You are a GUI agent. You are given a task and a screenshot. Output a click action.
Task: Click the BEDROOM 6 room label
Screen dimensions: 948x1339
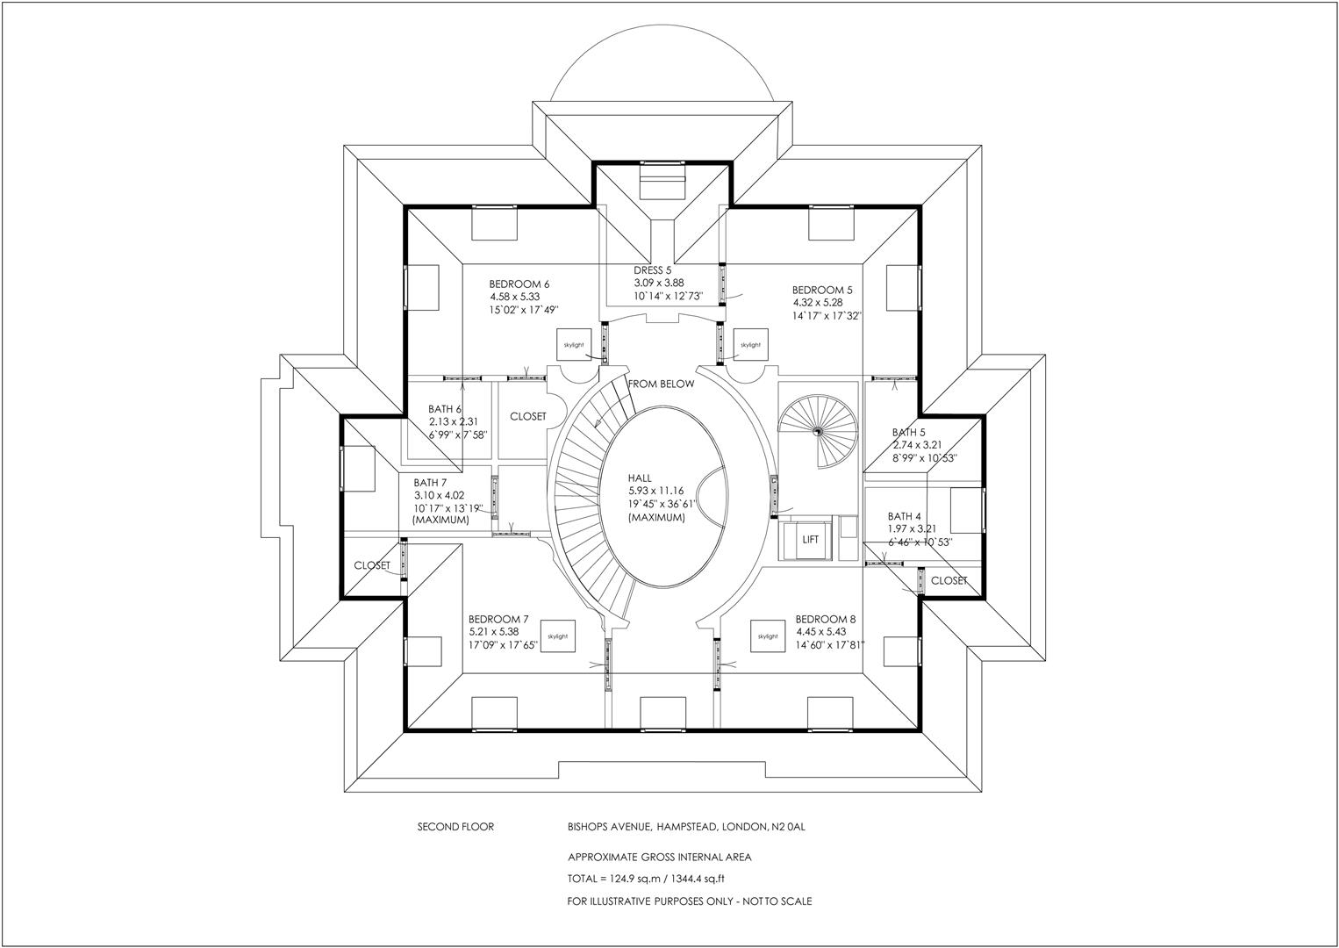(x=519, y=284)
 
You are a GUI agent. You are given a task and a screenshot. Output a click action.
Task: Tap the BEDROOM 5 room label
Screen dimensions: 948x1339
(x=822, y=291)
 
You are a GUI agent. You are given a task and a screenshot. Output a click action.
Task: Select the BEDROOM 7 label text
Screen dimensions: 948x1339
(x=498, y=619)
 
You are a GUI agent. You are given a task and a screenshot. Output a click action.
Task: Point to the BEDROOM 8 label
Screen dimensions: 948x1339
(x=826, y=619)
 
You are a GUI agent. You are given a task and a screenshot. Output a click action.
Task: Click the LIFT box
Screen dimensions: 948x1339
(x=810, y=540)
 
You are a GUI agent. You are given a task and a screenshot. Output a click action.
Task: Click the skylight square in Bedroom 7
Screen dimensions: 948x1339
(x=557, y=636)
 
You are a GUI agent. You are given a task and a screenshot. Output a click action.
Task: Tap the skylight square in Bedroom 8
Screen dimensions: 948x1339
(x=768, y=636)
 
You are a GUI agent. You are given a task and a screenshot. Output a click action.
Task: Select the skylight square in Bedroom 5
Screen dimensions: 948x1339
(x=750, y=345)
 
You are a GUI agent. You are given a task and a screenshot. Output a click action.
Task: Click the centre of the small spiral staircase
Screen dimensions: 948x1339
(x=817, y=431)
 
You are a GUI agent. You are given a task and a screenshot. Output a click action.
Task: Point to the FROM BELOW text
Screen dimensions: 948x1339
(x=661, y=384)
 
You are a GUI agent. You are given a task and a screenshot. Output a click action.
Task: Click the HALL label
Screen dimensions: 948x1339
(x=641, y=478)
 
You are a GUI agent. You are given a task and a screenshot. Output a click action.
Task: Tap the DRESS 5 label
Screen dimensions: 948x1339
(x=653, y=270)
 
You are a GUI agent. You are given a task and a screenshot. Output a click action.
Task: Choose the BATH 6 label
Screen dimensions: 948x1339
(x=445, y=409)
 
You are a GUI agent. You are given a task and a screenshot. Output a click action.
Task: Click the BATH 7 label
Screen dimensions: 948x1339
(x=431, y=483)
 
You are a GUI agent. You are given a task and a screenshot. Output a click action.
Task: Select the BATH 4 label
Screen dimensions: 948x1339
(x=905, y=517)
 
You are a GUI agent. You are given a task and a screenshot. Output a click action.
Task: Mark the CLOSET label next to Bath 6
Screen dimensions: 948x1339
(x=528, y=417)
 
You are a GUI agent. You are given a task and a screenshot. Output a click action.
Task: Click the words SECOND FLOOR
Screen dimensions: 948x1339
(x=455, y=827)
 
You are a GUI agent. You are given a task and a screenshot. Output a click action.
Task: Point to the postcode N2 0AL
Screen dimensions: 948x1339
(x=794, y=827)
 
